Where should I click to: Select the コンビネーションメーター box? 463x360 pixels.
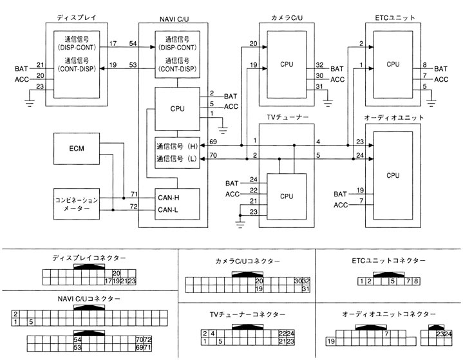tap(77, 205)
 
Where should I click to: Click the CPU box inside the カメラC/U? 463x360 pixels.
tap(287, 64)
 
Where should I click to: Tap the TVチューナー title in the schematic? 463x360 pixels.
tap(288, 116)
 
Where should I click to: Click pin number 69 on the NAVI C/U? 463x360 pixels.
tap(213, 142)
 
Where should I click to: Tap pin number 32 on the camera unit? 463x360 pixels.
tap(320, 65)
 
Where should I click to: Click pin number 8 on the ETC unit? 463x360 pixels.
tap(425, 65)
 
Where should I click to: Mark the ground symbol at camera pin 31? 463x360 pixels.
tap(328, 100)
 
